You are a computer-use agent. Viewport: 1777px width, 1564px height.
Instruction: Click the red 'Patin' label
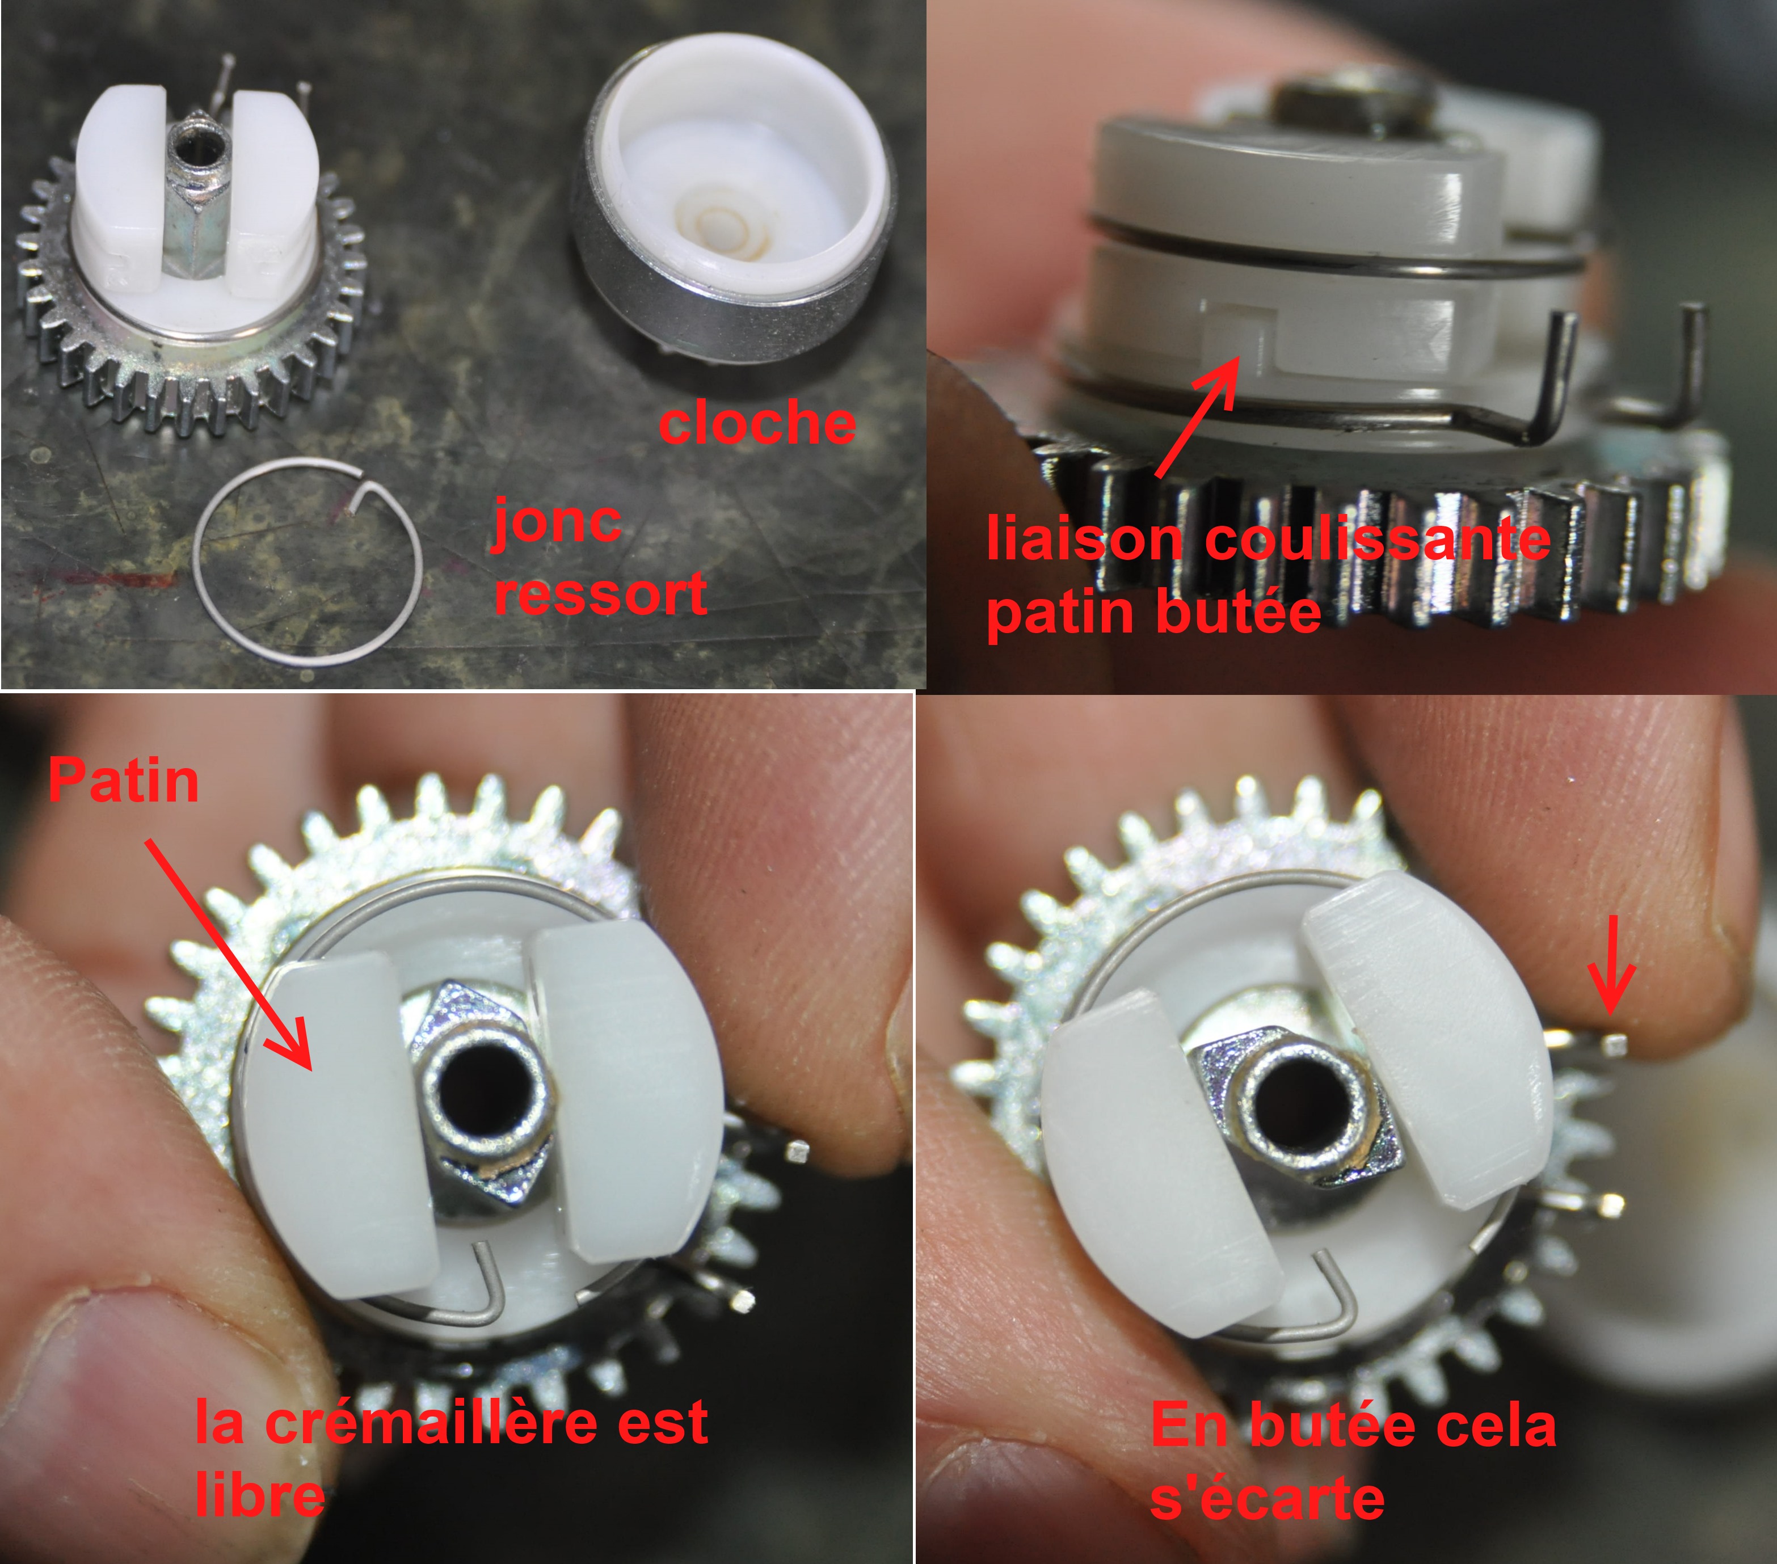click(124, 780)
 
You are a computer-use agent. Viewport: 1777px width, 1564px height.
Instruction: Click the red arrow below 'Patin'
click(228, 952)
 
